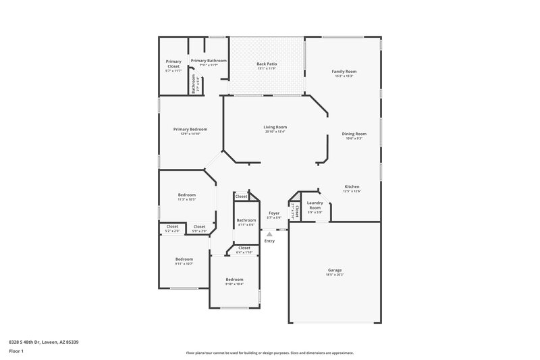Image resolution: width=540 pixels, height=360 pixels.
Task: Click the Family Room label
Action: click(x=344, y=71)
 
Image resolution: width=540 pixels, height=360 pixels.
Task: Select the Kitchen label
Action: click(x=352, y=186)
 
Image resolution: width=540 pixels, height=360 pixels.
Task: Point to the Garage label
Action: click(x=335, y=270)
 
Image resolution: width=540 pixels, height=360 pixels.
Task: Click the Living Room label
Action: click(x=275, y=127)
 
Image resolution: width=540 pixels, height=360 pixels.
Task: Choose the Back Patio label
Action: click(x=267, y=64)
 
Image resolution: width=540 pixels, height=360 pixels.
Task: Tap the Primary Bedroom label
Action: click(x=190, y=129)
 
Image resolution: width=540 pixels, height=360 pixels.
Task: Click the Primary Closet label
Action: click(x=173, y=64)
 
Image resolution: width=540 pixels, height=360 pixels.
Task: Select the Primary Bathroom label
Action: click(x=209, y=60)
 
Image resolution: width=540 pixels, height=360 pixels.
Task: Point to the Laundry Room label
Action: click(x=315, y=205)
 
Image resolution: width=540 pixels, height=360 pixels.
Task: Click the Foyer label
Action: click(x=274, y=213)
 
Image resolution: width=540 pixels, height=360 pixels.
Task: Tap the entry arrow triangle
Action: click(x=269, y=234)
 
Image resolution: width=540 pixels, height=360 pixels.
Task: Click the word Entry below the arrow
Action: click(x=269, y=241)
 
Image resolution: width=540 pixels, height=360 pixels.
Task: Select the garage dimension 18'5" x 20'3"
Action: click(x=335, y=275)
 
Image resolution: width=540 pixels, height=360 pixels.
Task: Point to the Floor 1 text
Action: click(x=16, y=352)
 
